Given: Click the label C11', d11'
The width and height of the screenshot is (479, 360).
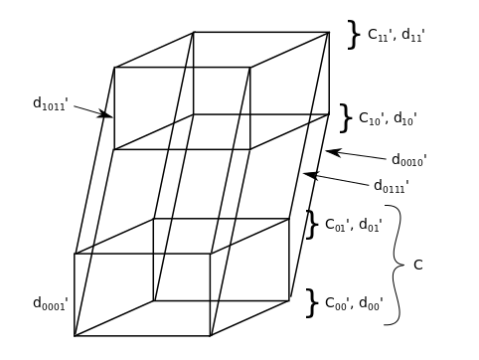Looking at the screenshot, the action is point(396,35).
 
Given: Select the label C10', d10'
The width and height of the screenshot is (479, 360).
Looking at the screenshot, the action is point(388,118).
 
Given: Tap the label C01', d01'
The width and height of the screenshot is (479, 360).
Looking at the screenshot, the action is point(353,225).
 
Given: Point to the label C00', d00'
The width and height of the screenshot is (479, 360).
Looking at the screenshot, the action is point(354,303).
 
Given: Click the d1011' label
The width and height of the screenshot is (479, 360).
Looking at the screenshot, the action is point(51,102).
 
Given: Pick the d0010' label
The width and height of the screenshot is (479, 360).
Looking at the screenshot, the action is point(408,160).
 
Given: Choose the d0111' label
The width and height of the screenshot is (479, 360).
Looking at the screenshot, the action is point(392,186).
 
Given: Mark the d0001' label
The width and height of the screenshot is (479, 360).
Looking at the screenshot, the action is point(51,303).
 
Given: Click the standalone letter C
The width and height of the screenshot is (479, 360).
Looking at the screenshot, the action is point(417,265).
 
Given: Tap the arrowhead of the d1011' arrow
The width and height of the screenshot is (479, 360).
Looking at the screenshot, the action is point(108,116).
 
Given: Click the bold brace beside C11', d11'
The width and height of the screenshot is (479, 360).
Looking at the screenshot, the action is point(353,35).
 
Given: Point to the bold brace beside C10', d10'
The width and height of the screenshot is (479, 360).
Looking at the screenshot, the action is point(345,118).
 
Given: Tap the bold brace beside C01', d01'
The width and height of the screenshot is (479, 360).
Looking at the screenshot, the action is point(311,225).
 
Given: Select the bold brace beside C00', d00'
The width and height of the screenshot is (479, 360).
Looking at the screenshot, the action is point(311,303).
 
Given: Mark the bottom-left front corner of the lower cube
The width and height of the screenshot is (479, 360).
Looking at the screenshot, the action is point(75,336).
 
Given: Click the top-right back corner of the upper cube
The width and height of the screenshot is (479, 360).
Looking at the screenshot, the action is point(329,33).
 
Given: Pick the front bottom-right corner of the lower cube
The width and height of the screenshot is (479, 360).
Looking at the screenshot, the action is point(210,336).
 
